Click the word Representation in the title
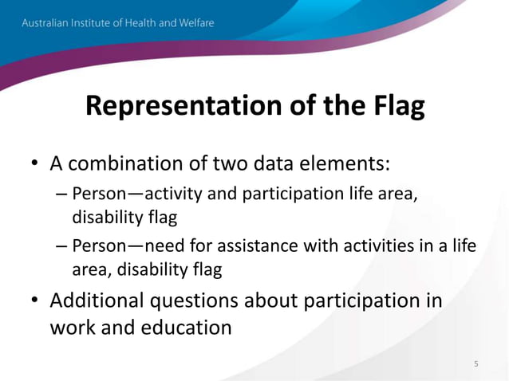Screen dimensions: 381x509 pyautogui.click(x=174, y=106)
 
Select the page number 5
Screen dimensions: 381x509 pyautogui.click(x=476, y=364)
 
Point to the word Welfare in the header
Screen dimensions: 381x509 pyautogui.click(x=194, y=23)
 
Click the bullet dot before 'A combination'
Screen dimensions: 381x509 pyautogui.click(x=35, y=164)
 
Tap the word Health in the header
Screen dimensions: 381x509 pyautogui.click(x=148, y=23)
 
